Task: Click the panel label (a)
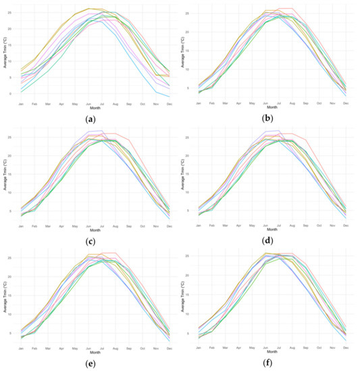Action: pos(90,119)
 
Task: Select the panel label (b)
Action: pos(271,119)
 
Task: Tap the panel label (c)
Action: pos(90,241)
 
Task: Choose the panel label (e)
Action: pos(90,364)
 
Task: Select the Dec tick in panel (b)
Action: pos(345,103)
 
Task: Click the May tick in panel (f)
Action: pos(253,348)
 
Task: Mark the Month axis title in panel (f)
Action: pos(272,351)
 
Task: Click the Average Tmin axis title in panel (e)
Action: pos(5,298)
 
